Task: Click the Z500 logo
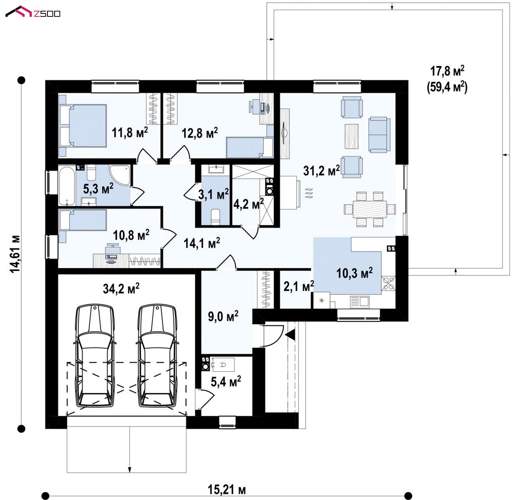tap(33, 12)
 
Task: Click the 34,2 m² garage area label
tap(121, 288)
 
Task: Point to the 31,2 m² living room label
tap(321, 170)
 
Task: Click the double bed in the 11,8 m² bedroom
tap(82, 126)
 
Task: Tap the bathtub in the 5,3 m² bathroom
tap(67, 185)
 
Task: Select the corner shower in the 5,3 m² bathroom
tap(120, 175)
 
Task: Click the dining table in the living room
tap(370, 209)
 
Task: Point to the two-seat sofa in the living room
tap(380, 134)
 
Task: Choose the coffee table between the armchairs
tap(351, 136)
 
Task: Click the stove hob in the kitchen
tap(388, 283)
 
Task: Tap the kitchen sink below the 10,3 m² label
tap(360, 302)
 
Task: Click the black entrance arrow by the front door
tap(290, 335)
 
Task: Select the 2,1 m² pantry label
tap(299, 286)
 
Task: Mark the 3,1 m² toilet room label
tap(213, 194)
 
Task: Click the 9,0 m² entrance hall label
tap(223, 316)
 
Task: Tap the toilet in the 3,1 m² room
tap(215, 217)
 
